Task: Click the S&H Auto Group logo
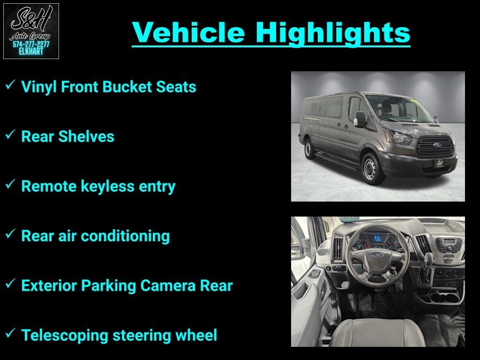31,31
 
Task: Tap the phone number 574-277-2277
31,45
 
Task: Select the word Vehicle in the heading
188,32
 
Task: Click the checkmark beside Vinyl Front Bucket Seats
10,85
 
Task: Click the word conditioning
125,236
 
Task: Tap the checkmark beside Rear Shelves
10,135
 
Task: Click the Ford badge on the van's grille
437,145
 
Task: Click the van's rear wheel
308,149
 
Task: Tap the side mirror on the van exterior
360,120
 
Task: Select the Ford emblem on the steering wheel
378,255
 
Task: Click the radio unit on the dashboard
449,245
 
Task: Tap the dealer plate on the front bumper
440,163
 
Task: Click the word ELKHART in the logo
31,52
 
